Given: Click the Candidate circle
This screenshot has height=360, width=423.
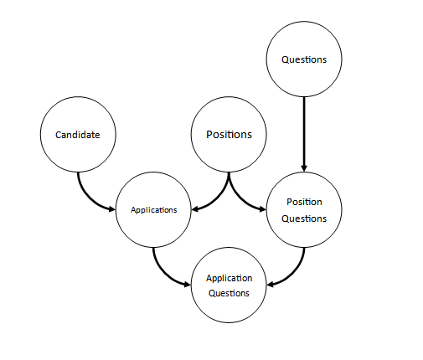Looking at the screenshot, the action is pyautogui.click(x=78, y=134).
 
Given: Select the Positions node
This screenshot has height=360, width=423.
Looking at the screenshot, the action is pyautogui.click(x=229, y=134).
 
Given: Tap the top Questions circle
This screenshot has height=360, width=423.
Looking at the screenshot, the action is pyautogui.click(x=304, y=59).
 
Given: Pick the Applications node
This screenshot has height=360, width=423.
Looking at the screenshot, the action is pyautogui.click(x=153, y=209).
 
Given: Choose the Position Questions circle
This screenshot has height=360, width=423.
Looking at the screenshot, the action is pyautogui.click(x=304, y=209).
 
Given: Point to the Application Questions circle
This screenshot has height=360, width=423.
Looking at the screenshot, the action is pyautogui.click(x=229, y=285).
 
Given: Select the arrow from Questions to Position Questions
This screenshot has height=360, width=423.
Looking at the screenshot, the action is pyautogui.click(x=304, y=134).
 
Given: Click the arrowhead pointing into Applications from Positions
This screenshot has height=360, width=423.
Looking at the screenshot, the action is pyautogui.click(x=194, y=209).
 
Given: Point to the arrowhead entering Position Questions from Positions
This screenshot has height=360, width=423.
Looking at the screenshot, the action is pyautogui.click(x=263, y=209).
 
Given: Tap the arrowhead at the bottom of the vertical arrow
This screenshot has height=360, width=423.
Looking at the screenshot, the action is pyautogui.click(x=304, y=168).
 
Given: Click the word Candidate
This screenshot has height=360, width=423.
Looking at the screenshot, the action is pyautogui.click(x=78, y=135).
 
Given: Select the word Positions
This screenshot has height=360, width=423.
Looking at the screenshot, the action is pyautogui.click(x=229, y=135).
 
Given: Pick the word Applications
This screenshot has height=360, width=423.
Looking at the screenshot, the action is pyautogui.click(x=153, y=210).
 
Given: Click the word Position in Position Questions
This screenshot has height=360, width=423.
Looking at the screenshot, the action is pyautogui.click(x=304, y=202).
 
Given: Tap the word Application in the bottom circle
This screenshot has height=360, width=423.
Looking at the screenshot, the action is pyautogui.click(x=229, y=278).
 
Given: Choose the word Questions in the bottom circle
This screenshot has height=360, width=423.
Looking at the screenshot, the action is pyautogui.click(x=229, y=293).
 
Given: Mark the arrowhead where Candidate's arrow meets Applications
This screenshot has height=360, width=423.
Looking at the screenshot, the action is pyautogui.click(x=112, y=209).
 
